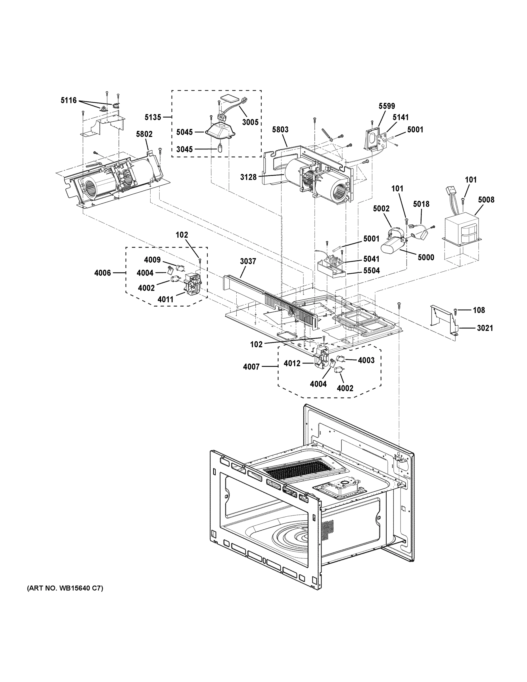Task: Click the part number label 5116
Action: [68, 100]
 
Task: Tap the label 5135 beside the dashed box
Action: [153, 117]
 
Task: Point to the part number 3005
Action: [250, 122]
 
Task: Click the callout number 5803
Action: [280, 129]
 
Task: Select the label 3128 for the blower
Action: [248, 177]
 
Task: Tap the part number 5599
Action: [387, 106]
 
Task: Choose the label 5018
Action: [421, 204]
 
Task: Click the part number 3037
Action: [248, 261]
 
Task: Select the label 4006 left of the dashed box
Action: [102, 273]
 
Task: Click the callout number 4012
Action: [292, 363]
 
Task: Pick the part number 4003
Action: [366, 360]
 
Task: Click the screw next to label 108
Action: [455, 310]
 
